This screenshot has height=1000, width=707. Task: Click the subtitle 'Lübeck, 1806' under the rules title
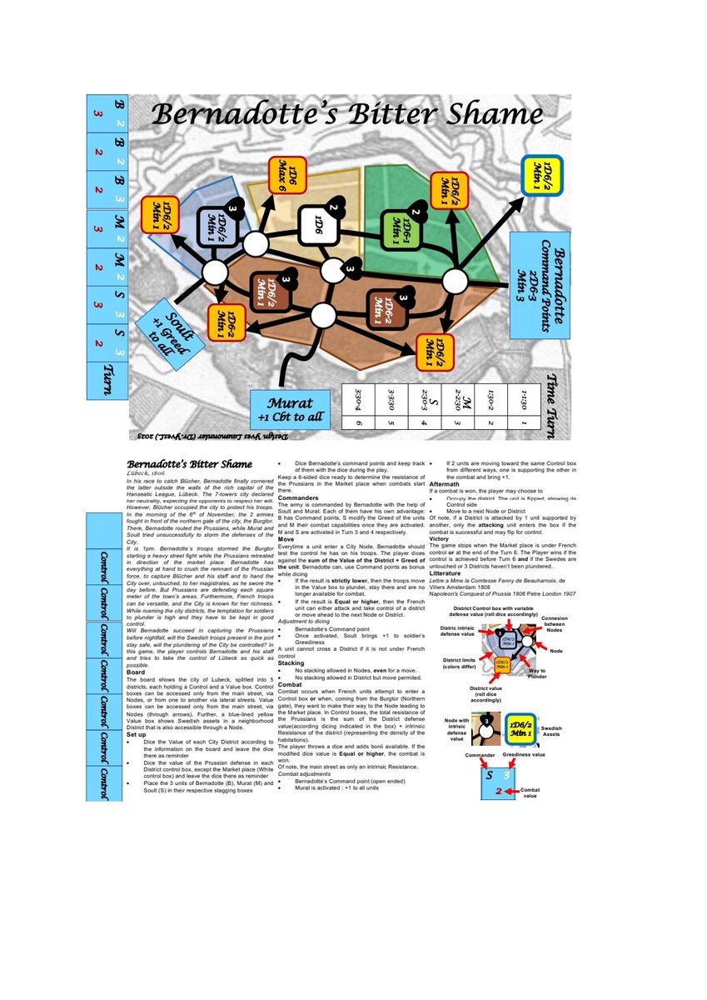coord(146,472)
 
